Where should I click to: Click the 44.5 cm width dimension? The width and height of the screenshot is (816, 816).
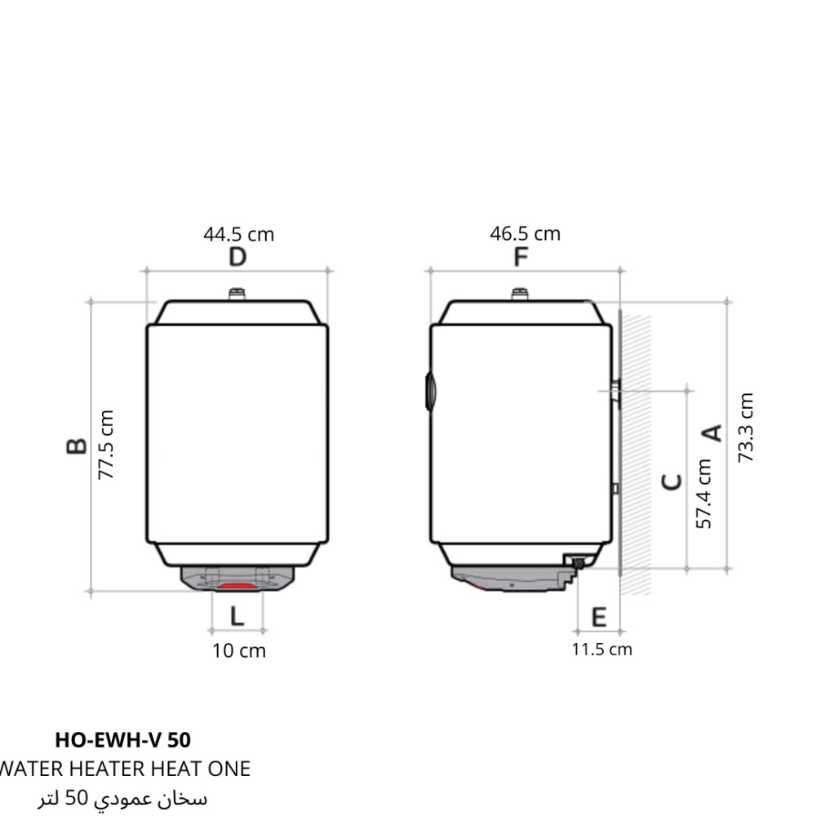coord(239,235)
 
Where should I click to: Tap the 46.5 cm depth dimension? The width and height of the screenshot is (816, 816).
coord(525,233)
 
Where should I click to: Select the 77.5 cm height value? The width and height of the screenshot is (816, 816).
coord(105,445)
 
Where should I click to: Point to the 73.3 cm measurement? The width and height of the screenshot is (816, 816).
coord(745,428)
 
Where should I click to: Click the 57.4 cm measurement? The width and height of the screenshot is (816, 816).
coord(703,494)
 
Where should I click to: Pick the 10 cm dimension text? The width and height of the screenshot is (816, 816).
coord(239,651)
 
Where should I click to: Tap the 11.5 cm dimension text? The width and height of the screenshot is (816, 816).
coord(602,650)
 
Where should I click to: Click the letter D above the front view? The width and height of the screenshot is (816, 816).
coord(237,257)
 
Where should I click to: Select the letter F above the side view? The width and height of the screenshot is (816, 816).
coord(521,256)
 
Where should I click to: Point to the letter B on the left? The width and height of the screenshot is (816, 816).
coord(77,446)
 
